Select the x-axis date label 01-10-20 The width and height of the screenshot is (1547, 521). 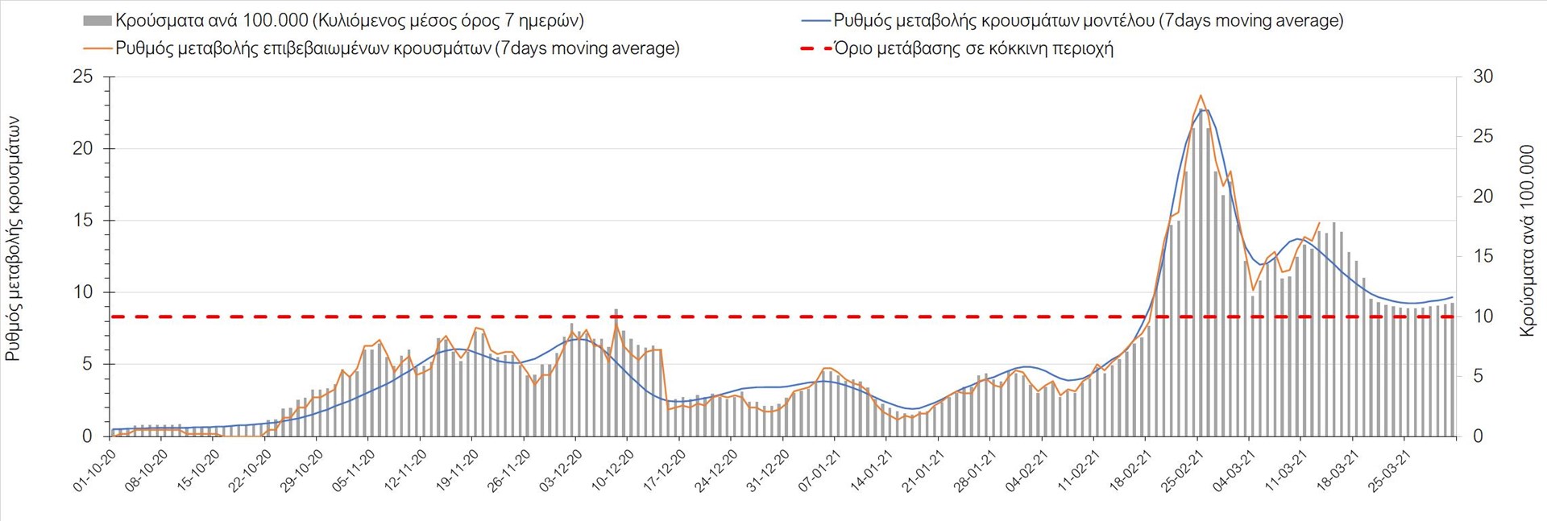point(95,470)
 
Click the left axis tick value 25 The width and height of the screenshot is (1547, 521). point(83,77)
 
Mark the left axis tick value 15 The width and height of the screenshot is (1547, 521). point(83,221)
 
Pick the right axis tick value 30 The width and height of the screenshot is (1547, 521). point(1483,77)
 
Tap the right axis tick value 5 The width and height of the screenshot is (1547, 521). point(1478,376)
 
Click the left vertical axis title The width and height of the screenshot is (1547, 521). point(14,238)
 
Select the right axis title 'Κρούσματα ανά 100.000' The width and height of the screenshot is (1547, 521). point(1527,240)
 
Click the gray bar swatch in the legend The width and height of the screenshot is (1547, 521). point(97,21)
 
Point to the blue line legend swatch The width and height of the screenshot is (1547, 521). point(815,21)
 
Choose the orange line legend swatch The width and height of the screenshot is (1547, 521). point(97,48)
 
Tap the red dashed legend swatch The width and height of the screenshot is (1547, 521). point(815,48)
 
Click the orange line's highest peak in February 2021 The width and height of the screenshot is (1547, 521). point(1201,95)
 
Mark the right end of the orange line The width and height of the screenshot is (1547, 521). point(1319,223)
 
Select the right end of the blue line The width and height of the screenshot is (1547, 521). point(1453,297)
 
